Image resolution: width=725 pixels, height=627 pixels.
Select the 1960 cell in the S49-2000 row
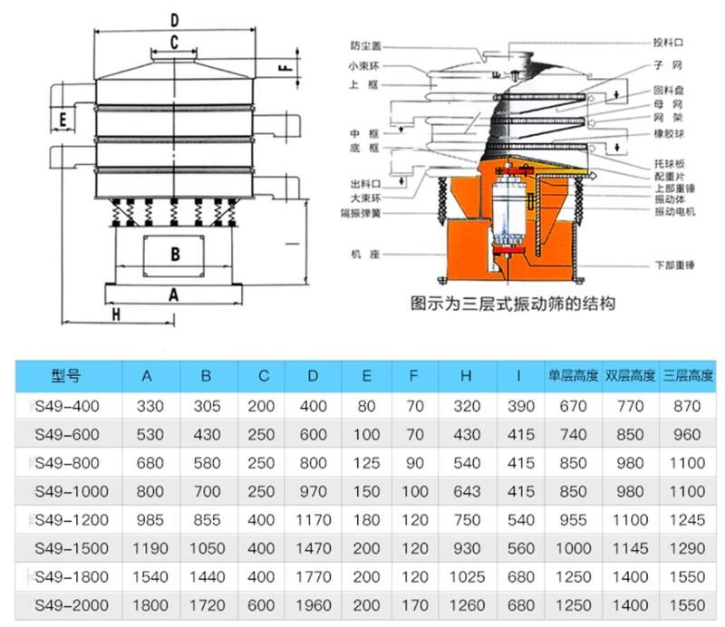[313, 603]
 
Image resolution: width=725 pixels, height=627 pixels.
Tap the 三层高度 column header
[688, 375]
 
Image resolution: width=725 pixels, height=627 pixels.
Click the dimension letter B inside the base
[176, 254]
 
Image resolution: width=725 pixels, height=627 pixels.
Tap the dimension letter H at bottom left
[116, 313]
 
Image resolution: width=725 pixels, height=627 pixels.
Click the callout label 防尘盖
[366, 45]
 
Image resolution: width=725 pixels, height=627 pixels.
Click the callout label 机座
[366, 256]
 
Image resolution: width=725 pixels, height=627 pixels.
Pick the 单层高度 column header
[572, 375]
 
